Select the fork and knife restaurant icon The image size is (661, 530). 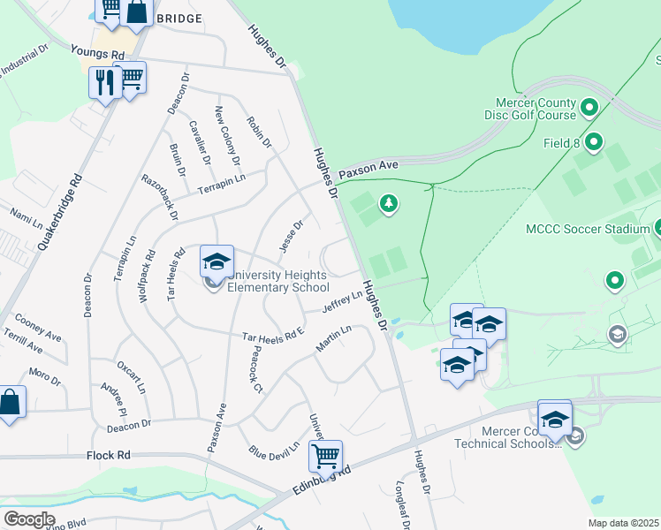[x=105, y=82]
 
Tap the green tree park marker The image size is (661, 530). [x=388, y=205]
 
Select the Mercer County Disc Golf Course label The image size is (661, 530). [x=530, y=109]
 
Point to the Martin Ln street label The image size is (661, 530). [x=334, y=338]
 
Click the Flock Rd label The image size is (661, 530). [x=109, y=456]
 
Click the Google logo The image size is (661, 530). [x=29, y=519]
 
